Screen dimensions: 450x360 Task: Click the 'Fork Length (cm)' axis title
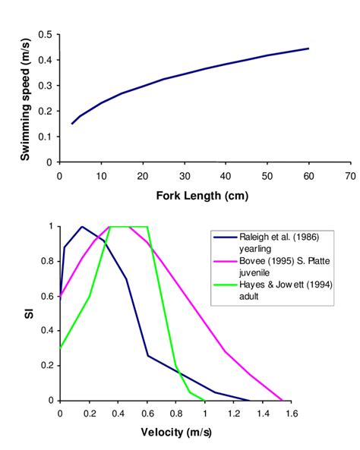[x=204, y=195]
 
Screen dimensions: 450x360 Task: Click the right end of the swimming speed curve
[x=308, y=49]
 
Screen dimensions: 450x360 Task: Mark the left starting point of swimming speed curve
[x=72, y=123]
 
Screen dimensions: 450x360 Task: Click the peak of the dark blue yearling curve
[x=82, y=226]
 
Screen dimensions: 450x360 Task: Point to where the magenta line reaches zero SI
[x=282, y=400]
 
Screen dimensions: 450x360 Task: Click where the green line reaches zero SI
[x=204, y=400]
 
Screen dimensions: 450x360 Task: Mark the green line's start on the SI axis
[x=60, y=348]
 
